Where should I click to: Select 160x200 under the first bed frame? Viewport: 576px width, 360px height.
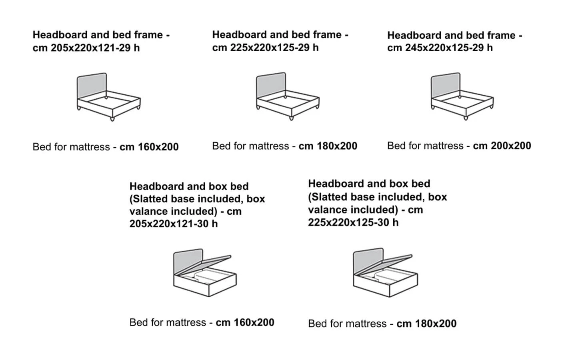pyautogui.click(x=158, y=147)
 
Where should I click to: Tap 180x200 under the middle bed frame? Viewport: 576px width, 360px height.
pyautogui.click(x=337, y=146)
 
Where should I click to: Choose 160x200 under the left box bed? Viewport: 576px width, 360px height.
pyautogui.click(x=254, y=322)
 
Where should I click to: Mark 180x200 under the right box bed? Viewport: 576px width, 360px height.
pyautogui.click(x=436, y=324)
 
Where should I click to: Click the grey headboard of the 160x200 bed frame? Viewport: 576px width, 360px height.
pyautogui.click(x=92, y=85)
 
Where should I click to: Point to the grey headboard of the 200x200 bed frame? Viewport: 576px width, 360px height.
pyautogui.click(x=446, y=85)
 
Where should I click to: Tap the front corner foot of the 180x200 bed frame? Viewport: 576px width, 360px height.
pyautogui.click(x=291, y=118)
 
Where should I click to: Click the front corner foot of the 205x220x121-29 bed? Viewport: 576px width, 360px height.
pyautogui.click(x=112, y=119)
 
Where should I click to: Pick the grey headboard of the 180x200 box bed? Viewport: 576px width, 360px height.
pyautogui.click(x=368, y=261)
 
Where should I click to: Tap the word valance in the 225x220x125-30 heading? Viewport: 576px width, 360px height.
pyautogui.click(x=324, y=210)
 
